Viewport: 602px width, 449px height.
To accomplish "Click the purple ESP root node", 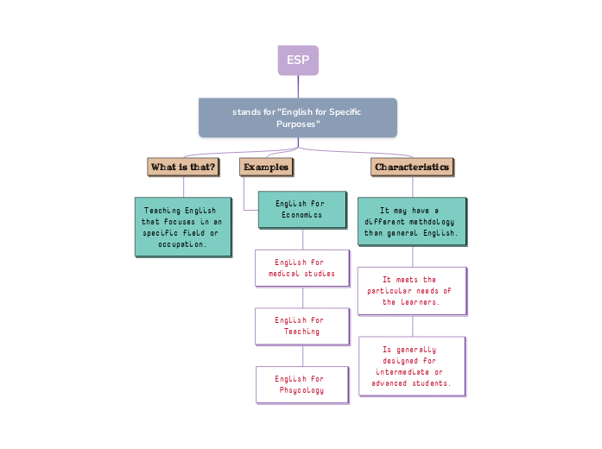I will (x=298, y=60).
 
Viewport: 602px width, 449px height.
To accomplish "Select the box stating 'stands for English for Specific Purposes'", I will (x=298, y=117).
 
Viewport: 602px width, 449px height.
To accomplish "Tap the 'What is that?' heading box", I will (x=183, y=167).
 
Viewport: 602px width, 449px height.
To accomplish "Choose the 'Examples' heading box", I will (x=266, y=167).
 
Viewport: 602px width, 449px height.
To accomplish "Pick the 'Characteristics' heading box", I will (x=412, y=167).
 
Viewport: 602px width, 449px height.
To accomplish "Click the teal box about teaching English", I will (x=182, y=227).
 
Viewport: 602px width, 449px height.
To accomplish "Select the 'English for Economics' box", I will (x=300, y=209).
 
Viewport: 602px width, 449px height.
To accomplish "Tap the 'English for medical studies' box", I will (x=301, y=268).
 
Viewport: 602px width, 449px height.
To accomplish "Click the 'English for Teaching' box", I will (x=301, y=326).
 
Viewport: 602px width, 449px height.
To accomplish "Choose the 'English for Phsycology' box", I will (x=301, y=384).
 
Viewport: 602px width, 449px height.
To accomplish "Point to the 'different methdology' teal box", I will (x=411, y=222).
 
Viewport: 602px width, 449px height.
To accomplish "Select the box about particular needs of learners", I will (x=411, y=291).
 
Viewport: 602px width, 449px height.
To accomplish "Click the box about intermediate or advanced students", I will (x=411, y=366).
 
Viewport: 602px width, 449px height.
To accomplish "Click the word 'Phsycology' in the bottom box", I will (x=302, y=390).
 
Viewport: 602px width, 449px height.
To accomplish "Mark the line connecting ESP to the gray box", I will (x=298, y=86).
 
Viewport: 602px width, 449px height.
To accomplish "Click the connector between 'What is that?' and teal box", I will (x=183, y=187).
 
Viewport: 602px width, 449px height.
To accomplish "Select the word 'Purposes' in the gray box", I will (x=298, y=124).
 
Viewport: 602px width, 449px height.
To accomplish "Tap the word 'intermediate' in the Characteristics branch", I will (x=407, y=372).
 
